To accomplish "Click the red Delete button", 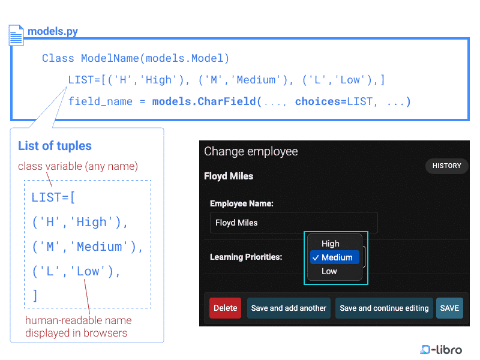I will point(225,308).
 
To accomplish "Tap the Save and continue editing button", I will point(384,308).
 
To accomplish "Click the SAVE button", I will point(449,308).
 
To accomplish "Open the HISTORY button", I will point(446,166).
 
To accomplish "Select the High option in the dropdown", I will point(331,244).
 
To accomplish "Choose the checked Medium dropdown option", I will point(335,257).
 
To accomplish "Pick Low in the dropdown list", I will point(329,271).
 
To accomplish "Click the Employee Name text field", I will point(293,223).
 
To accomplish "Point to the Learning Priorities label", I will point(246,257).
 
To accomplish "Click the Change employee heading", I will point(251,151).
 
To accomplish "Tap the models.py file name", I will point(53,31).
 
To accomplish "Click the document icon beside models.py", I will point(16,35).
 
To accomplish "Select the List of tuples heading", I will point(55,146).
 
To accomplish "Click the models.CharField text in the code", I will point(204,101).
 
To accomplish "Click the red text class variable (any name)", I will point(78,166).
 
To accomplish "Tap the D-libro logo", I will point(441,349).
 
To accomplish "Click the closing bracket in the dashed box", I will point(35,295).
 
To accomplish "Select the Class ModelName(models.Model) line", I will point(136,58).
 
